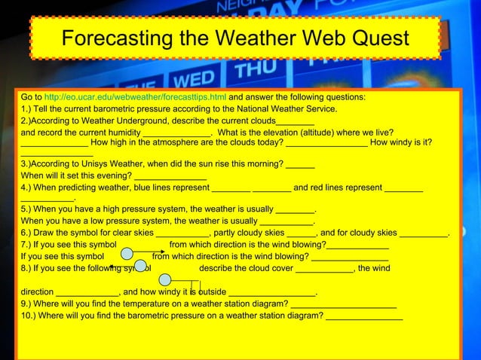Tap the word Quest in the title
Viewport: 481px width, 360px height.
click(376, 38)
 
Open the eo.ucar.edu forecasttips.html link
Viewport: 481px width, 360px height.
click(135, 98)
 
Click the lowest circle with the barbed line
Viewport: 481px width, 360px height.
click(165, 280)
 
